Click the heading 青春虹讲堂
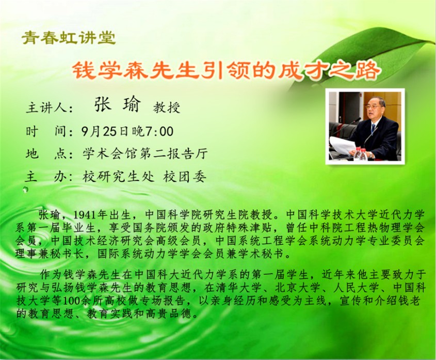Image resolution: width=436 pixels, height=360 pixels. [x=69, y=38]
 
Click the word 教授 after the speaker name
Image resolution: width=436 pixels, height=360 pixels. [x=167, y=107]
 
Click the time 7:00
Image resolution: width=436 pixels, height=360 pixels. [x=159, y=131]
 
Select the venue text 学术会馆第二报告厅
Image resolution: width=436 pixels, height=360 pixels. [x=145, y=154]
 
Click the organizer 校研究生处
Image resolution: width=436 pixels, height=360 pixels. [x=119, y=177]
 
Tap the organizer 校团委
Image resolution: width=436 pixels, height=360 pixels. [x=185, y=177]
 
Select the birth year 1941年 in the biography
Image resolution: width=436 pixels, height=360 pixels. [x=90, y=215]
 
